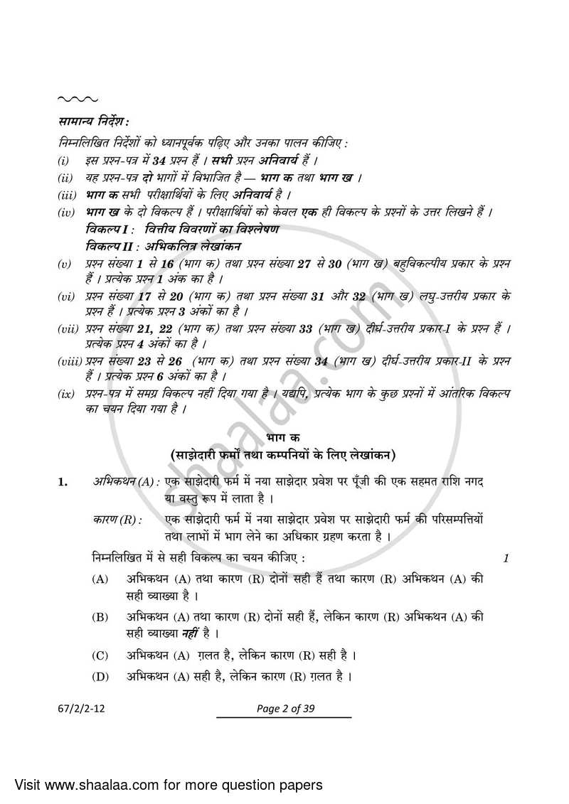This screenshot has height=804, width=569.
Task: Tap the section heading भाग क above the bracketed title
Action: (x=284, y=436)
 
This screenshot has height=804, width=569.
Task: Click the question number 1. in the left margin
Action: (x=63, y=483)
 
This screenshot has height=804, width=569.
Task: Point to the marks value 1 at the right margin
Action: (x=506, y=559)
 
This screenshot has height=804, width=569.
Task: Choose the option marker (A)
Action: (x=100, y=579)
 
